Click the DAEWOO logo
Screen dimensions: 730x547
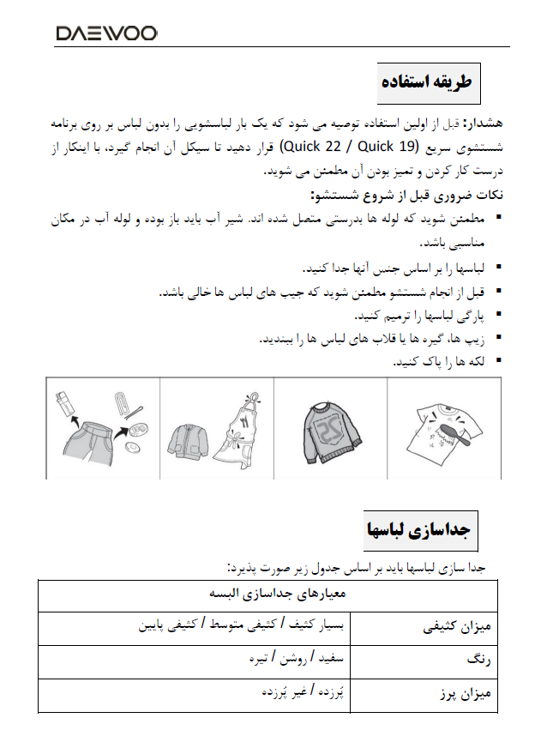coord(106,34)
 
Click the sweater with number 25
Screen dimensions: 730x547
coord(331,428)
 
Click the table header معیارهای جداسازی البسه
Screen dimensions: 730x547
coord(270,594)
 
